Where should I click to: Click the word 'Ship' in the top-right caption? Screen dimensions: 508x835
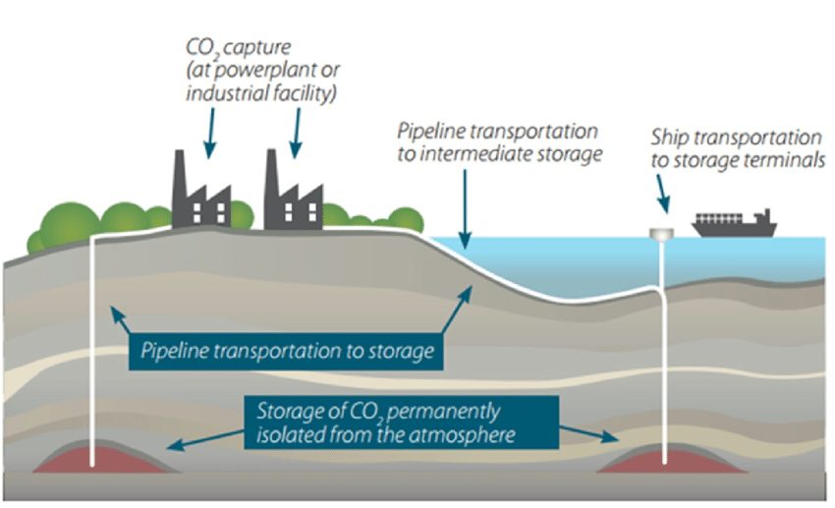pyautogui.click(x=671, y=138)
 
